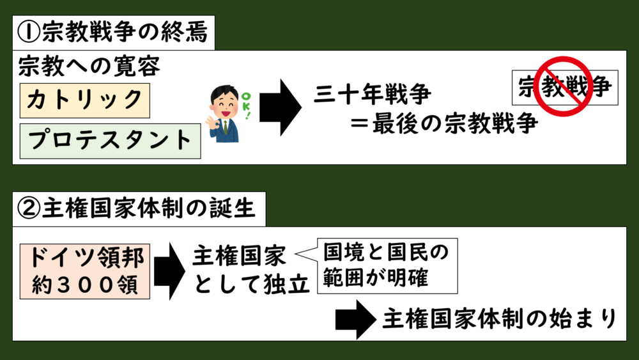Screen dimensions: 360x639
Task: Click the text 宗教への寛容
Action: pyautogui.click(x=89, y=67)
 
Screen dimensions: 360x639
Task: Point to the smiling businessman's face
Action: pyautogui.click(x=223, y=102)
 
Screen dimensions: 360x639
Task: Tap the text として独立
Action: pyautogui.click(x=250, y=283)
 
